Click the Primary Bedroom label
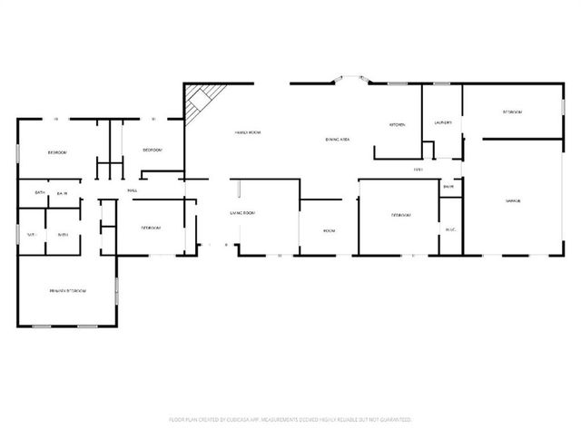67,290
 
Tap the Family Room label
248,132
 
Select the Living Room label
241,212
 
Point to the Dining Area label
339,139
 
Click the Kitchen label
397,124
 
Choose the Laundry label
443,121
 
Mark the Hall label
133,190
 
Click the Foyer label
419,169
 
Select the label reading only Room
330,230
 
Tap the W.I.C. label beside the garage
450,229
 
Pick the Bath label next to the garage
448,187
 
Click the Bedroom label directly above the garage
512,112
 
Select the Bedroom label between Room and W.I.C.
401,215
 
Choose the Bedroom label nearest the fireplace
152,150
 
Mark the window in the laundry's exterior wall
442,84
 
